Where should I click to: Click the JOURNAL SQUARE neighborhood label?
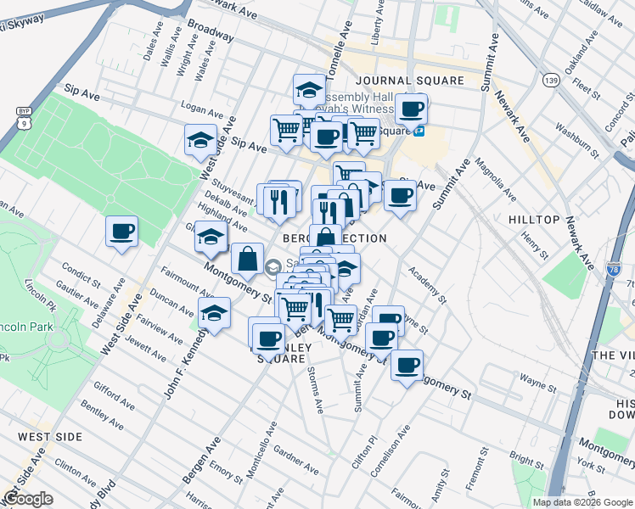click(x=410, y=81)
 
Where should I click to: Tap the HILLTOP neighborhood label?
click(x=534, y=220)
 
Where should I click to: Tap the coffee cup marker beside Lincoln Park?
click(x=121, y=231)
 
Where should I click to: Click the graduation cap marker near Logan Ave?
click(x=200, y=140)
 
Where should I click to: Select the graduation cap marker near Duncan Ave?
click(x=215, y=312)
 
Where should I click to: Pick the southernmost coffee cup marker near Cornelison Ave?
click(x=407, y=365)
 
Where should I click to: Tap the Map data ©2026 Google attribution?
click(x=582, y=502)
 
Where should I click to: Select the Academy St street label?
click(x=426, y=284)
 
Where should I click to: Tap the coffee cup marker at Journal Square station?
click(x=413, y=109)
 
